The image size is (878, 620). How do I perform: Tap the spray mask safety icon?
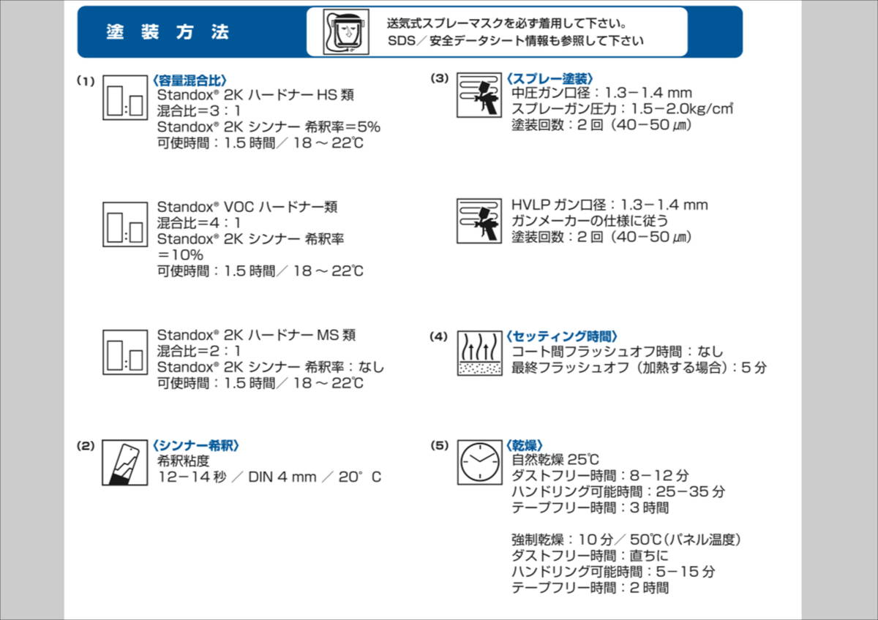click(x=346, y=31)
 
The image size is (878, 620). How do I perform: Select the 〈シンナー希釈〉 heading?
click(x=196, y=445)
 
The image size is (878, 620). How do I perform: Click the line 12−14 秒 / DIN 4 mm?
click(x=269, y=477)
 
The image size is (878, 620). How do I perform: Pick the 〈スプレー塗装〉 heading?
click(x=549, y=78)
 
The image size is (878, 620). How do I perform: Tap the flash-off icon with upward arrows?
click(x=479, y=352)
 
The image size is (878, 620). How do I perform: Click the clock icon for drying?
click(x=479, y=462)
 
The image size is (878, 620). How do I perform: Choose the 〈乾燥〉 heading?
click(x=524, y=445)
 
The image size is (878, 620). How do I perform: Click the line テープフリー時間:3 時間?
click(x=590, y=507)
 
